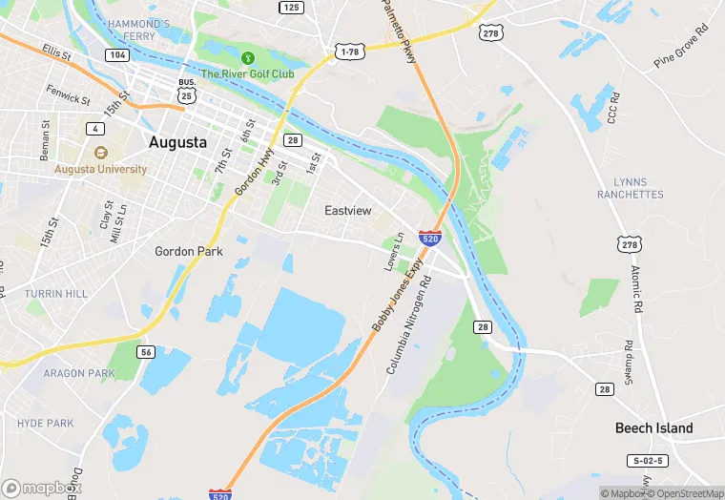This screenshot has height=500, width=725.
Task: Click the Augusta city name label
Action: point(177,142)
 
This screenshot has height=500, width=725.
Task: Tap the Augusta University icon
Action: point(99,153)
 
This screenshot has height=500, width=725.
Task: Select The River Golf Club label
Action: point(247,73)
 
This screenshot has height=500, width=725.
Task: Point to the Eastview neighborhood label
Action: point(347,210)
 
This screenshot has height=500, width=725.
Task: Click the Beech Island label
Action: point(653,427)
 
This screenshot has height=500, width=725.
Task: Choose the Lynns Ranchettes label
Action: point(630,188)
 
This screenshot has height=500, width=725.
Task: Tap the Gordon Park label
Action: point(189,252)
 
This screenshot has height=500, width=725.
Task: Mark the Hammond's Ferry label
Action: point(138,30)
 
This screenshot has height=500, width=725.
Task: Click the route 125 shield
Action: point(291,8)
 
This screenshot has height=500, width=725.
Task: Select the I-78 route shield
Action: point(348,50)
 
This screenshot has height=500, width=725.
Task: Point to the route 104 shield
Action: point(117,55)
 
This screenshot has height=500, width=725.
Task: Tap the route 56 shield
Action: point(146,352)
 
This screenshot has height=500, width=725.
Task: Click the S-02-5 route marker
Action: point(648,461)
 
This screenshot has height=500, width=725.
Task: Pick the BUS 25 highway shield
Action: point(188,90)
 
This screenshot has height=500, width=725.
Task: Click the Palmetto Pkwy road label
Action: point(399,31)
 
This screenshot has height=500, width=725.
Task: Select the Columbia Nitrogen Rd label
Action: point(409,324)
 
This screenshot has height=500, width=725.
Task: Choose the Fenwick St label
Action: point(69,95)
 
